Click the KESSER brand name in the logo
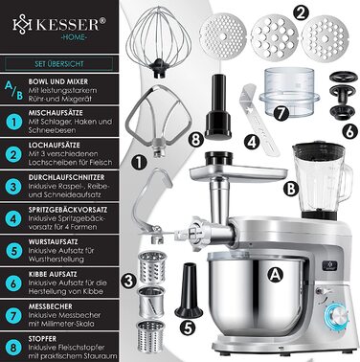tap(68, 22)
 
